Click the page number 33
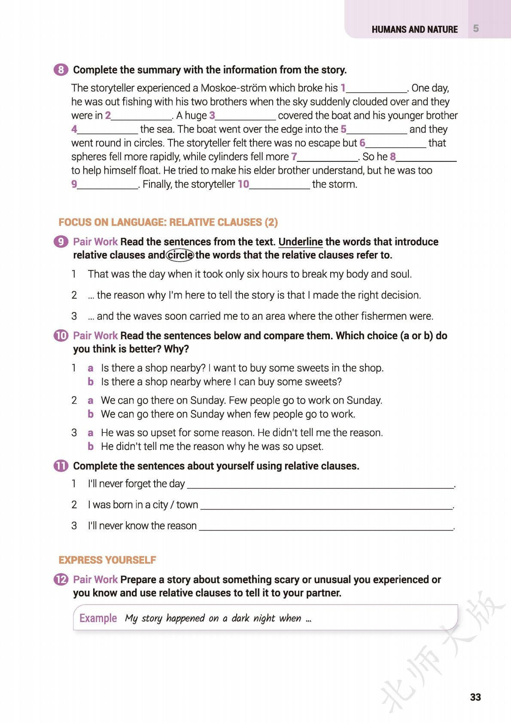point(475,697)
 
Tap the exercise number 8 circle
point(61,70)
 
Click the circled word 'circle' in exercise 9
point(180,255)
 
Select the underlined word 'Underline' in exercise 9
point(301,242)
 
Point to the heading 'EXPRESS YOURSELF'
point(107,560)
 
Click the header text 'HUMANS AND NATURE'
point(414,30)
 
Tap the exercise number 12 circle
point(61,580)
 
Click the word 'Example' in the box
point(98,618)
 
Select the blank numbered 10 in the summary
point(279,185)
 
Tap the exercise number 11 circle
point(61,466)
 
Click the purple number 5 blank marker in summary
point(344,129)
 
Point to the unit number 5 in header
point(476,29)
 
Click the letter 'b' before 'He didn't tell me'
point(91,447)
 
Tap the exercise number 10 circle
point(61,336)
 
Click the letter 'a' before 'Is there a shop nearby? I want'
point(91,368)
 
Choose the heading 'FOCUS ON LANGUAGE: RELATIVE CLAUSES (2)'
point(168,222)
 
